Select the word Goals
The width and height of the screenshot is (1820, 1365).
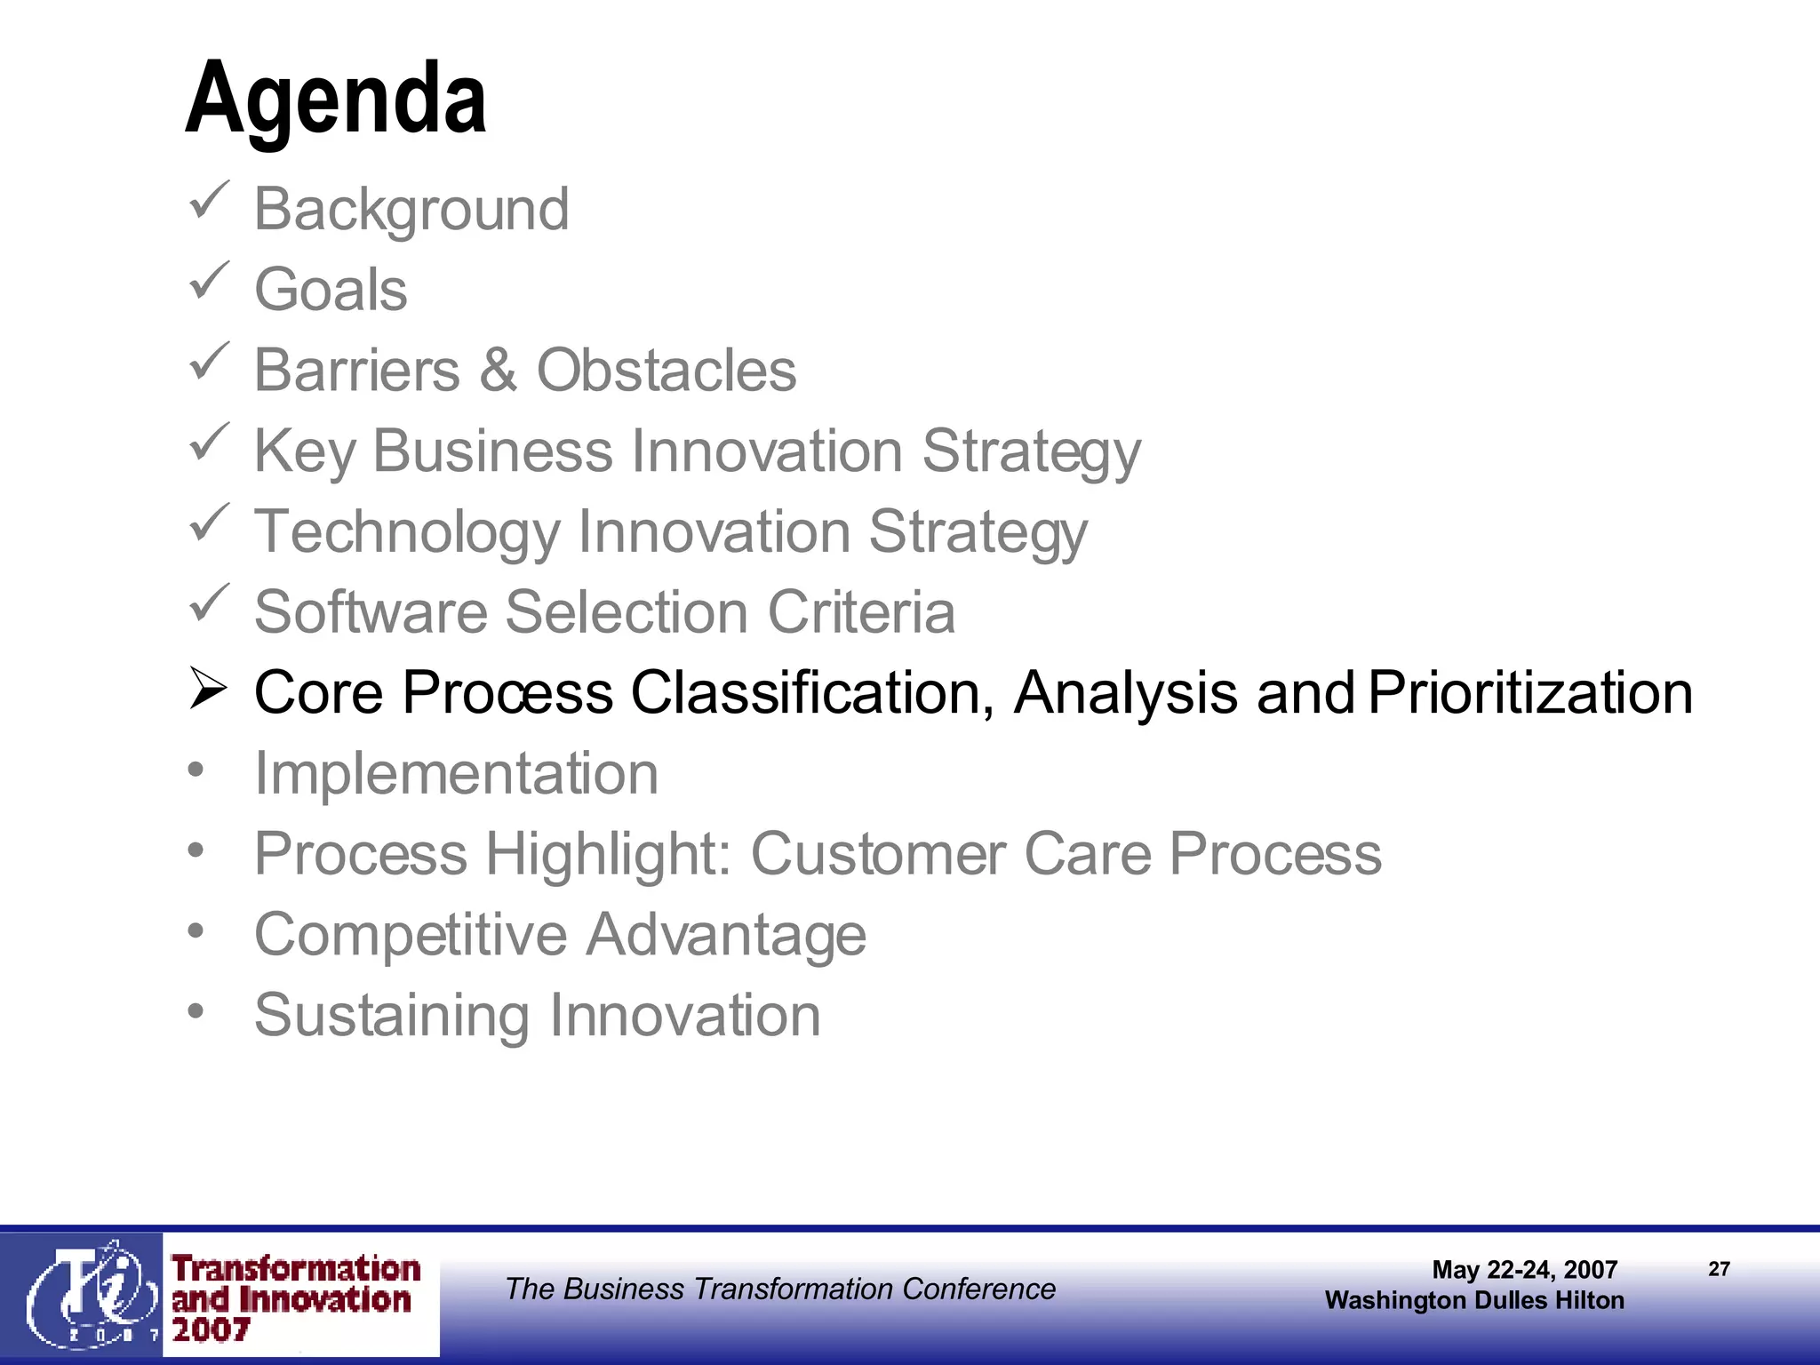331,291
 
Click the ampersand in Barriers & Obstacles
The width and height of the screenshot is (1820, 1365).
498,371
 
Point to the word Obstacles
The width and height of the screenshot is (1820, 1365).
667,371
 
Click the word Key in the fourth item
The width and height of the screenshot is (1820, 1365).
304,451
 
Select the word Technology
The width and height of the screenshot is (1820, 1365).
407,532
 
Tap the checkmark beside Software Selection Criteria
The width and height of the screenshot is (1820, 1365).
210,603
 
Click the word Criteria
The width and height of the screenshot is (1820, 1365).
861,612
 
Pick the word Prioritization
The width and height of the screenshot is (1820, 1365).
1530,693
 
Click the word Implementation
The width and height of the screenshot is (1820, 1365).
456,773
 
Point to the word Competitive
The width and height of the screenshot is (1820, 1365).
411,935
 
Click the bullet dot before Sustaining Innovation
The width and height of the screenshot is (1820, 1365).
196,1010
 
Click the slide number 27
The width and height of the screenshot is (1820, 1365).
1719,1269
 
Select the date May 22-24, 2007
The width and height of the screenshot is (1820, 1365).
1524,1269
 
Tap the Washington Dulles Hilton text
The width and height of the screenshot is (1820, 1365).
1474,1300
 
